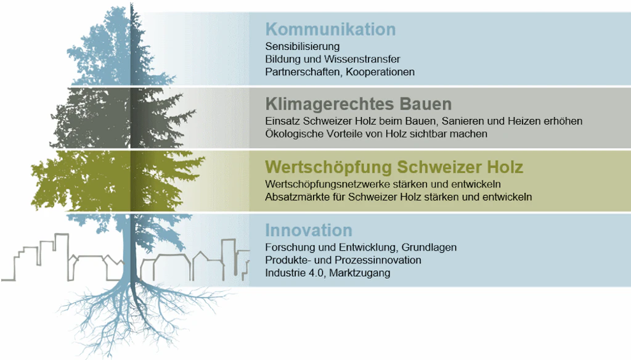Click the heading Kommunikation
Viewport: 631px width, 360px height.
point(330,30)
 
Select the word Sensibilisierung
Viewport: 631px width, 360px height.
point(302,47)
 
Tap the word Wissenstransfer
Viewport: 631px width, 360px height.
point(362,59)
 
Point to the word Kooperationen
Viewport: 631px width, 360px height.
point(380,72)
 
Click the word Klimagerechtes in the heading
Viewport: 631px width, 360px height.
point(330,104)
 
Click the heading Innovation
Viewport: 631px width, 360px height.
point(309,231)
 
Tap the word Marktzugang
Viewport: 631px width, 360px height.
point(360,274)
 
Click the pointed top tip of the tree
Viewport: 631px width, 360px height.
point(131,3)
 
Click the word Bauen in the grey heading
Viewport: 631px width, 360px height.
point(426,104)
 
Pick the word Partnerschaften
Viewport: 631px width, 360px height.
point(304,72)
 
